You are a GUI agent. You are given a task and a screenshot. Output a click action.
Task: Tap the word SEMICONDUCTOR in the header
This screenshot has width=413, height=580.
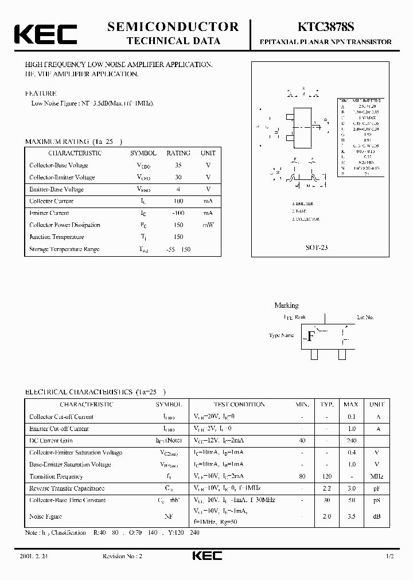click(x=173, y=26)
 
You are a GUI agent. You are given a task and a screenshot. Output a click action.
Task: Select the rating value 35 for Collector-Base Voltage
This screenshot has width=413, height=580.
click(x=178, y=165)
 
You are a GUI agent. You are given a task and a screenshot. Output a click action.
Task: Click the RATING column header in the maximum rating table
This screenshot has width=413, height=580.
click(x=178, y=153)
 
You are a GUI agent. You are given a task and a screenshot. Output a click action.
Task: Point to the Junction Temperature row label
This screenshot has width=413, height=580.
click(x=57, y=237)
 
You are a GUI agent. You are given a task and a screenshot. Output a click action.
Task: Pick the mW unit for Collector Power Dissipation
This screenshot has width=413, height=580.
click(x=208, y=225)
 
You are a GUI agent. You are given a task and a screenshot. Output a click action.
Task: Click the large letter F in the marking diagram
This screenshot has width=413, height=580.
click(x=311, y=336)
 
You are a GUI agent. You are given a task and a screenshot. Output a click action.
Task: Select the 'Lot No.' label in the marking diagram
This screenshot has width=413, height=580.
click(x=365, y=317)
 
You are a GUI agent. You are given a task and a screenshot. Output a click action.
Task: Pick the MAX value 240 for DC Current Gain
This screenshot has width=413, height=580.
click(x=352, y=440)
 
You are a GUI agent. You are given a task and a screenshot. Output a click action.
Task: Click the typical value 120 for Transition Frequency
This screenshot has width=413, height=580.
click(x=327, y=476)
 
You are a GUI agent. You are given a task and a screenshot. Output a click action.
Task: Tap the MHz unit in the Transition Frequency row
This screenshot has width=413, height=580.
click(x=377, y=476)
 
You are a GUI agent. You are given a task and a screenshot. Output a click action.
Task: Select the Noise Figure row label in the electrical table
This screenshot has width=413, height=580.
click(x=45, y=516)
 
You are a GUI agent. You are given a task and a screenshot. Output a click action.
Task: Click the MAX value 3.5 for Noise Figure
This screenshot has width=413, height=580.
click(x=352, y=516)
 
